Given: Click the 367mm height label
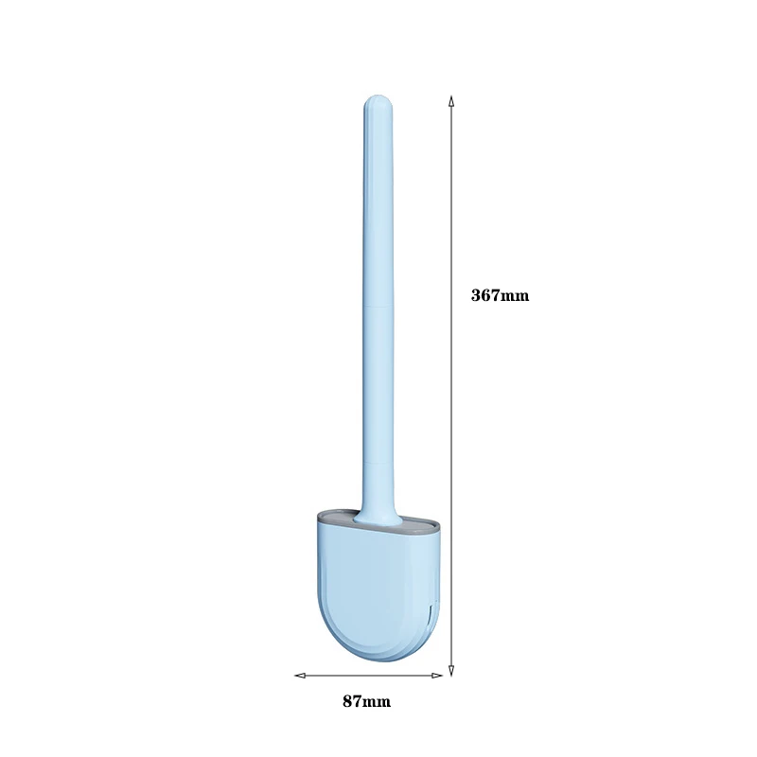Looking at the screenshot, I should (501, 295).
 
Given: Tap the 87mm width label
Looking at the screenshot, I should (366, 702).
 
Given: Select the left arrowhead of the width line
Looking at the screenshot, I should (299, 676).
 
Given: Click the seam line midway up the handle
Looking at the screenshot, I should (377, 308).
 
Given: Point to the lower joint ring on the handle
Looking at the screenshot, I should (376, 463).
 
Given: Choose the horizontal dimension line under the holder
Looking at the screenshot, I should (369, 676).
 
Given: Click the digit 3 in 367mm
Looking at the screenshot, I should (476, 295).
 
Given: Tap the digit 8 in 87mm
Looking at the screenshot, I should (347, 702).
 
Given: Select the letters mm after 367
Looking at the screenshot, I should (516, 295).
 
